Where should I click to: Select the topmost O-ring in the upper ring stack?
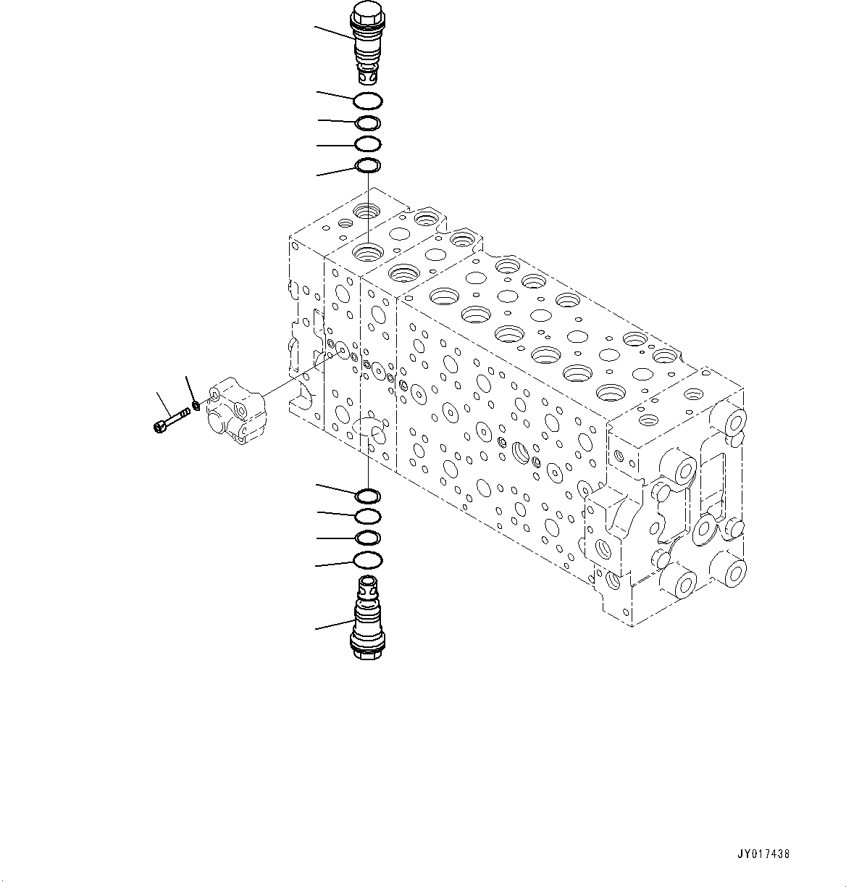coord(368,101)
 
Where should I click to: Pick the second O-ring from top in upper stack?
coord(368,123)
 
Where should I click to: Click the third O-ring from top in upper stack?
coord(368,143)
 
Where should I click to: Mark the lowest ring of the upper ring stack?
coord(368,167)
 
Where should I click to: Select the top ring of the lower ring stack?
coord(368,496)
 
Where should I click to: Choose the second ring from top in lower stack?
coord(368,517)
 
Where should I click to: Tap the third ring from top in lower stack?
coord(368,538)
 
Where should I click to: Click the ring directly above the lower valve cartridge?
coord(368,559)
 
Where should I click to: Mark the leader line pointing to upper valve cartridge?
coord(334,32)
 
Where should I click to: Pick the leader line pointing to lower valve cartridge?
coord(334,624)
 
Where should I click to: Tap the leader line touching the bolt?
coord(163,401)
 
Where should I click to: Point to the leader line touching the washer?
coord(190,388)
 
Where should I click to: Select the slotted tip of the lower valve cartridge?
coord(368,583)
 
